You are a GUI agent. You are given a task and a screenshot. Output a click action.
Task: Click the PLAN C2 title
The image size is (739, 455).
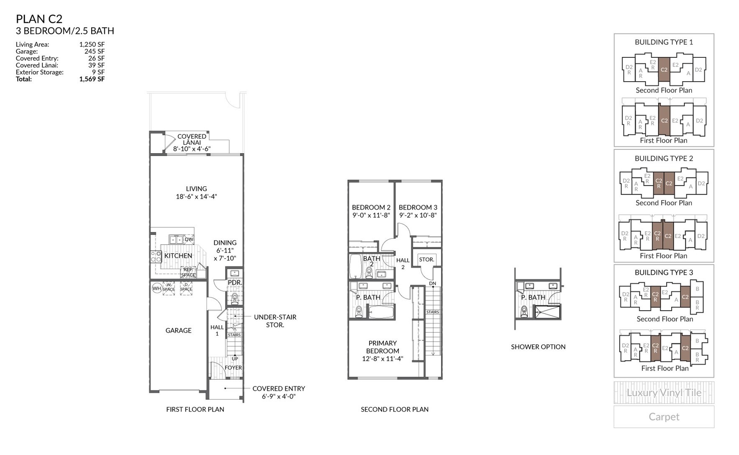pyautogui.click(x=39, y=19)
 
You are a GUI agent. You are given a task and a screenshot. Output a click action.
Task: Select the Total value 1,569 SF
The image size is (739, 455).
pyautogui.click(x=92, y=79)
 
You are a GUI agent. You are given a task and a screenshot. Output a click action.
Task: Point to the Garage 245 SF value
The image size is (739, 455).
pyautogui.click(x=94, y=51)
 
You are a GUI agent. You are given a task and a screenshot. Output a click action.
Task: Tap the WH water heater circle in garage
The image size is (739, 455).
pyautogui.click(x=157, y=288)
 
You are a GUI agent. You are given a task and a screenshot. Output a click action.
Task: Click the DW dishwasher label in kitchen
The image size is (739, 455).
pyautogui.click(x=189, y=239)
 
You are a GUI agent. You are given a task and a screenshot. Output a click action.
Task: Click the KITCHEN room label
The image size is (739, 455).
pyautogui.click(x=178, y=256)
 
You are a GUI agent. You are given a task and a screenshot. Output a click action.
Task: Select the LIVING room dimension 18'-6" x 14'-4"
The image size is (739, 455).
pyautogui.click(x=196, y=197)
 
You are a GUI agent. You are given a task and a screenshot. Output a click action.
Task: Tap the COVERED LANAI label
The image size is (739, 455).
pyautogui.click(x=192, y=139)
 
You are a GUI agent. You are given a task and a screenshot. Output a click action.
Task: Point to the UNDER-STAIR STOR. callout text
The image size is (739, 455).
pyautogui.click(x=275, y=321)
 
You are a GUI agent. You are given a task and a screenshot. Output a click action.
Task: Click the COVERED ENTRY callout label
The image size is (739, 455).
pyautogui.click(x=279, y=388)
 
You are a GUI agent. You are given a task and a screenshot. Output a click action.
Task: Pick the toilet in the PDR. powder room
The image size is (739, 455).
pyautogui.click(x=235, y=298)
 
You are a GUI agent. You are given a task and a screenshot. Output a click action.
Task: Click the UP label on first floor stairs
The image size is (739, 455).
pyautogui.click(x=235, y=359)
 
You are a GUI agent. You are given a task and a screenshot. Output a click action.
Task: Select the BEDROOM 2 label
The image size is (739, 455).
pyautogui.click(x=371, y=207)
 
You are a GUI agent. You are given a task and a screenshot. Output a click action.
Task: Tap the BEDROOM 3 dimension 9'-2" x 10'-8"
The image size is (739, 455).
pyautogui.click(x=418, y=215)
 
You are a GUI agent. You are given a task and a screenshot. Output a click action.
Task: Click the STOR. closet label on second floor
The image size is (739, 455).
pyautogui.click(x=426, y=260)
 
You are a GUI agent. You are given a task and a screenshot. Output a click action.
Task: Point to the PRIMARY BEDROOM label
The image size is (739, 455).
pyautogui.click(x=382, y=347)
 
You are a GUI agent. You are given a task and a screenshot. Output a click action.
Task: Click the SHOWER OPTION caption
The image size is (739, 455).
pyautogui.click(x=538, y=347)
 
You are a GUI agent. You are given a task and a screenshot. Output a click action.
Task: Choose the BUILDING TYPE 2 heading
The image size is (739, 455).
pyautogui.click(x=664, y=158)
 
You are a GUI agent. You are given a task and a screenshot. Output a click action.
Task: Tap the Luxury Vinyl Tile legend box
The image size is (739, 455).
pyautogui.click(x=664, y=393)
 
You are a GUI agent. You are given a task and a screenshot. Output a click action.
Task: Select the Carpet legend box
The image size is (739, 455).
pyautogui.click(x=664, y=416)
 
